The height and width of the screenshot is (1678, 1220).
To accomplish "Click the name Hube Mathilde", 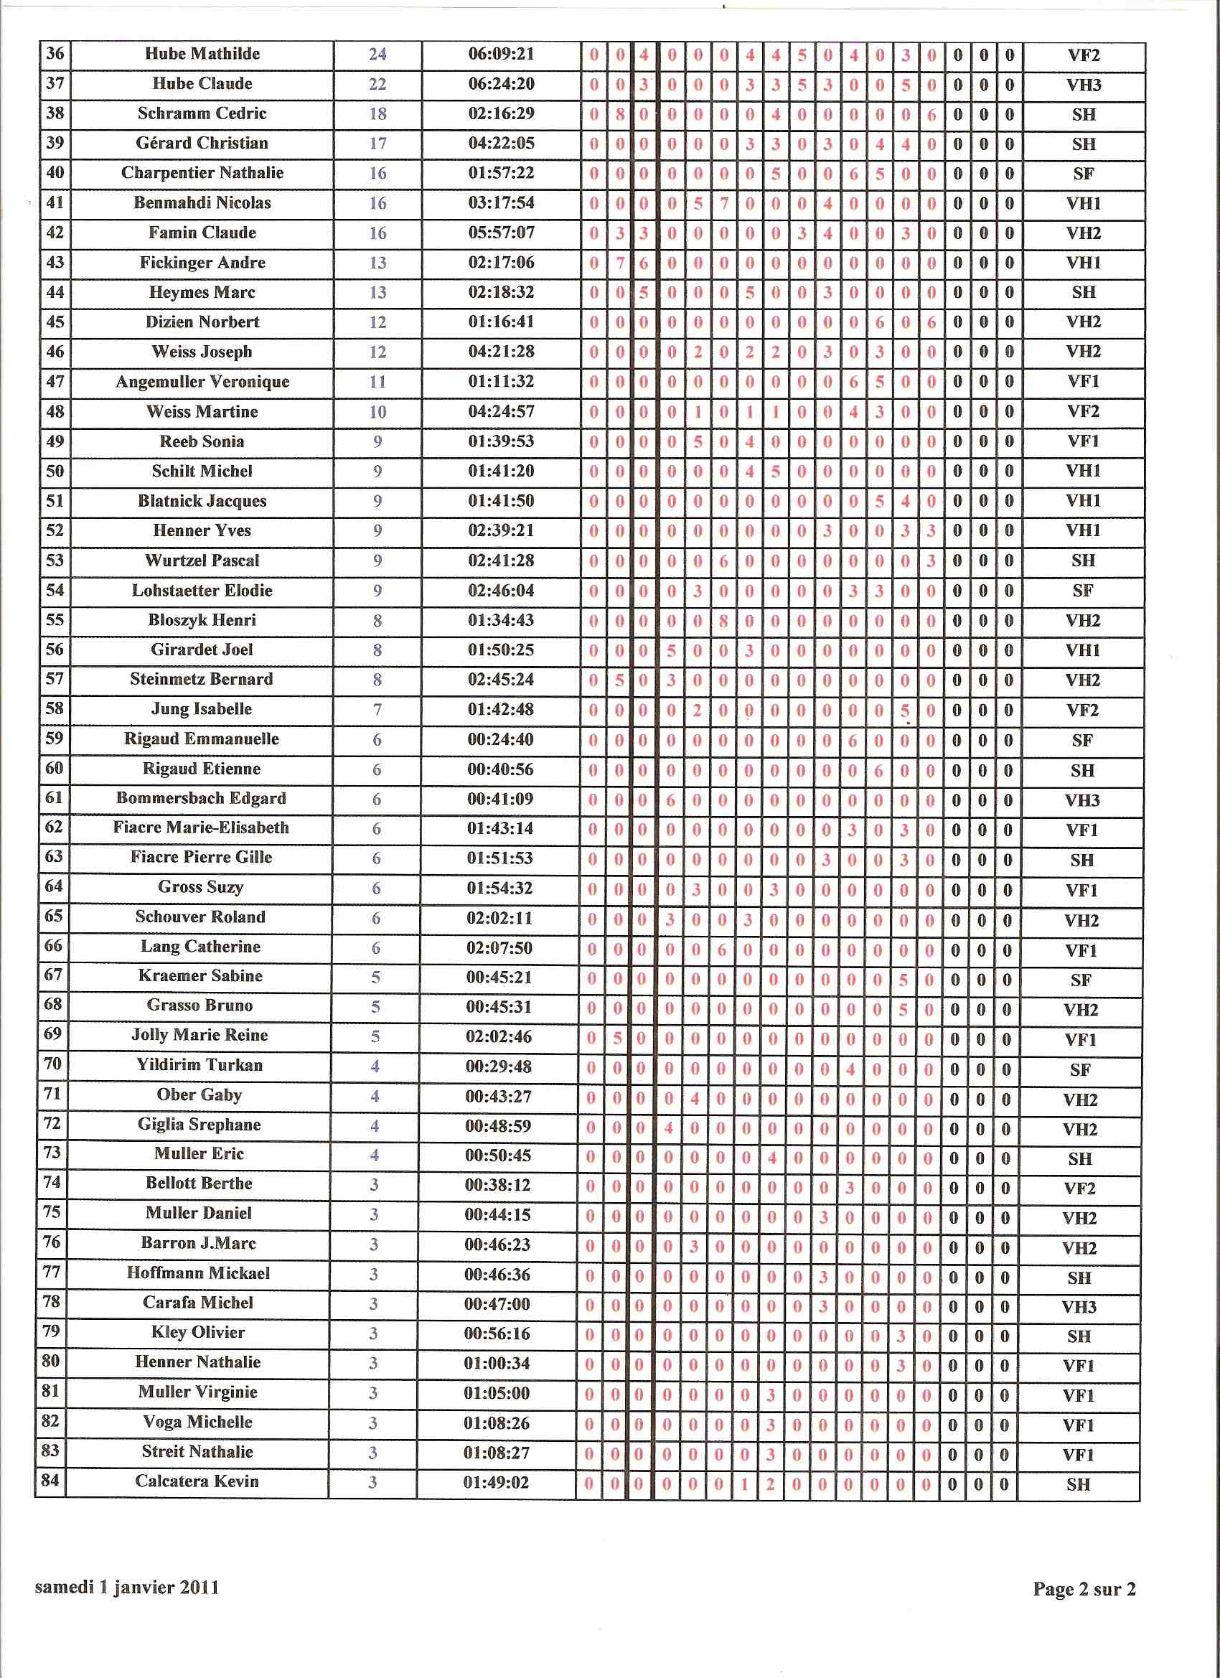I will pos(202,54).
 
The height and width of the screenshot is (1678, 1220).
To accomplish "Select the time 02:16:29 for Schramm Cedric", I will pos(501,114).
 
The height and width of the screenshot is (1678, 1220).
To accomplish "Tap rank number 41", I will pos(55,202).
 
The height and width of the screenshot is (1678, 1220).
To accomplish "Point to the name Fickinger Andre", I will pos(202,263).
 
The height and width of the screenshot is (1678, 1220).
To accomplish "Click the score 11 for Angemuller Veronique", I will pos(377,382).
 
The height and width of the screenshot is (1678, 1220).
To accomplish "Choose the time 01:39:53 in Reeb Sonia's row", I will pos(501,441).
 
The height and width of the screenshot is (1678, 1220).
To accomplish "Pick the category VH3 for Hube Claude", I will pos(1083,85).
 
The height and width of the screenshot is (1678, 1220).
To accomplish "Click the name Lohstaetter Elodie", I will pos(202,591).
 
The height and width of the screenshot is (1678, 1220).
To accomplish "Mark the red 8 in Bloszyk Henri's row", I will pos(723,621).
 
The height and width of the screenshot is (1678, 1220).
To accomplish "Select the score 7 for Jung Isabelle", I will pos(377,710).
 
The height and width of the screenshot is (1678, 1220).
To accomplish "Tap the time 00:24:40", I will pos(500,739).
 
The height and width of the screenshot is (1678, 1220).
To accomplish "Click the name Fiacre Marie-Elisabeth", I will pos(201,828).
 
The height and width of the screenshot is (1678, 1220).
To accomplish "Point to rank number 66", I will pos(53,946).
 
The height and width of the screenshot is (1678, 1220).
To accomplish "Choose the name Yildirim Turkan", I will pos(200,1065).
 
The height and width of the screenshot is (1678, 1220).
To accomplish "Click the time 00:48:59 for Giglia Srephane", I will pos(499,1126).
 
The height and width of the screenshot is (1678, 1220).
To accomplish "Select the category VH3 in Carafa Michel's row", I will pos(1079,1308).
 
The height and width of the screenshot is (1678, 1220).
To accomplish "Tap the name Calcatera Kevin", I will pos(197,1481).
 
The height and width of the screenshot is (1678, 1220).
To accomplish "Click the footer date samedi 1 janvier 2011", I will pos(126,1587).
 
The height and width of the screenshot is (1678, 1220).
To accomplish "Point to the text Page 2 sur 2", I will pos(1084,1588).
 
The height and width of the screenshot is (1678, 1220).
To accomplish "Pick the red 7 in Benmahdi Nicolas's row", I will pos(724,203).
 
